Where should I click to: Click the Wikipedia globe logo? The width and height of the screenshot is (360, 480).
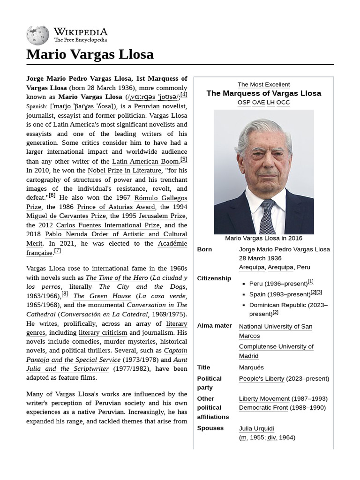point(38,35)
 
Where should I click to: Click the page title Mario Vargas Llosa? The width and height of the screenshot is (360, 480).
point(90,54)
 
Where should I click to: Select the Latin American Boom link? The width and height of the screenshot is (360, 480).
point(145,162)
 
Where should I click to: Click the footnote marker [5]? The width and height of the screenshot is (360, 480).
point(184,159)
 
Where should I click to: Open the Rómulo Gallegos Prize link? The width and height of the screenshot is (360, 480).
point(160,198)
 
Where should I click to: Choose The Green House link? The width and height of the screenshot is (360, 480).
point(102,296)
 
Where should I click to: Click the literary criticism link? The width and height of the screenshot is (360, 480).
point(103,332)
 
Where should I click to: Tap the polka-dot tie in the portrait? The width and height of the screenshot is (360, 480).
point(268,216)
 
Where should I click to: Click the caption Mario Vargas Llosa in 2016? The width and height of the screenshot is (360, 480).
point(263,238)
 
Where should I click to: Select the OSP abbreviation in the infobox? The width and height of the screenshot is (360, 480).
point(244,102)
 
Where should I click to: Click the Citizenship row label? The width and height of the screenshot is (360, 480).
point(214,278)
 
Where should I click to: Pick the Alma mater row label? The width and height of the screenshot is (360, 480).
point(214,325)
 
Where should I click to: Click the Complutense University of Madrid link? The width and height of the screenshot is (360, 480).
point(276,351)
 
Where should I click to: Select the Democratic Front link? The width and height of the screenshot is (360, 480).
point(263,407)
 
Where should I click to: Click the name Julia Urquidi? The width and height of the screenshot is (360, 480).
point(256,428)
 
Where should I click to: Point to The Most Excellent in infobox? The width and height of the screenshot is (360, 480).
point(263,84)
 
